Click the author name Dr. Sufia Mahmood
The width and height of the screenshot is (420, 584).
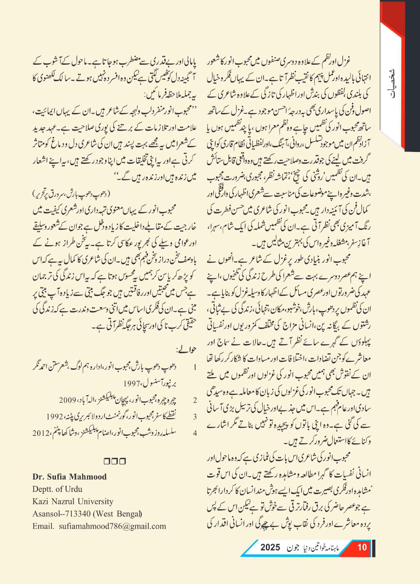click(x=69, y=477)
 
